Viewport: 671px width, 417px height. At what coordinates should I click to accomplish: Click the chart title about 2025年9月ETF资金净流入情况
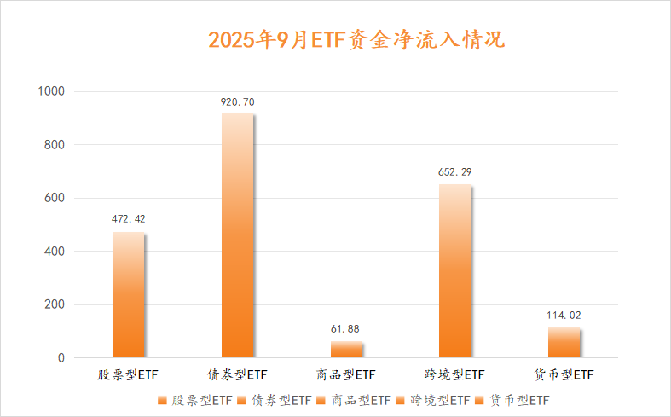tap(357, 39)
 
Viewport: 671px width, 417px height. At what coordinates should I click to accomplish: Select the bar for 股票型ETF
tap(128, 295)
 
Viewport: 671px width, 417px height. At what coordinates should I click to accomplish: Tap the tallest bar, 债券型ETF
tap(237, 235)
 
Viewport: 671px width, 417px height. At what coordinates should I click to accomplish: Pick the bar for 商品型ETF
tap(346, 350)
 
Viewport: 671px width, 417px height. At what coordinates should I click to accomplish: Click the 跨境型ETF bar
tap(454, 271)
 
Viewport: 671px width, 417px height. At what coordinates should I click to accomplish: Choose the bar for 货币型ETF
tap(564, 343)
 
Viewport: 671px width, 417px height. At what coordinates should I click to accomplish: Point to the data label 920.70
tap(237, 102)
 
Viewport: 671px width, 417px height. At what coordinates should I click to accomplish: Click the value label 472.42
tap(128, 219)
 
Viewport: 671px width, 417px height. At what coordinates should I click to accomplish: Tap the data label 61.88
tap(346, 328)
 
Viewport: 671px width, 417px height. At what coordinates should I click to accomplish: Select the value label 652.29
tap(454, 171)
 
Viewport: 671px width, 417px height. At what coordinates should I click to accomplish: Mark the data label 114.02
tap(564, 315)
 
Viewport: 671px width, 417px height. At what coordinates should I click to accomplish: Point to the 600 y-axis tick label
tap(55, 198)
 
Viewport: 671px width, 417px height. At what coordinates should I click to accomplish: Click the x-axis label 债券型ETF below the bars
tap(237, 374)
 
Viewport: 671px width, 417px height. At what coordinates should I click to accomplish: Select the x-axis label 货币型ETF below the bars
tap(564, 374)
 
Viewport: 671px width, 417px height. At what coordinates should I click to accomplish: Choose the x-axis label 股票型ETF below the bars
tap(128, 374)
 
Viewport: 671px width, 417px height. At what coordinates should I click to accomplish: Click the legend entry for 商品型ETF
tap(354, 399)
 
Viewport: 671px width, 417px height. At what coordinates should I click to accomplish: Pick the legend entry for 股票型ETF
tap(195, 399)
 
